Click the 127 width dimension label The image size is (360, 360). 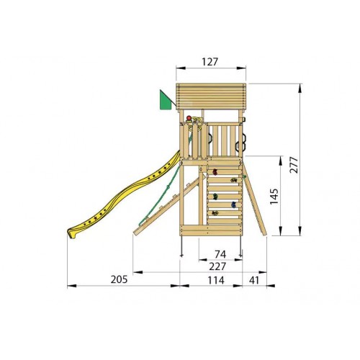pos(210,62)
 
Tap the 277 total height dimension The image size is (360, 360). pos(294,165)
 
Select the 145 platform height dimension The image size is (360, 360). pos(274,197)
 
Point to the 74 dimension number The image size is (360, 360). pos(220,254)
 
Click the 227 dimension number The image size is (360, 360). pos(217,266)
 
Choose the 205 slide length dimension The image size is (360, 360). pos(119,279)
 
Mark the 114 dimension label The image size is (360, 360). pos(216,280)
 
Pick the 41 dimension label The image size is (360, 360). pos(254,280)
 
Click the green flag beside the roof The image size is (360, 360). pos(166,100)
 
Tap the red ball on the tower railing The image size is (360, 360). pos(189,118)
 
